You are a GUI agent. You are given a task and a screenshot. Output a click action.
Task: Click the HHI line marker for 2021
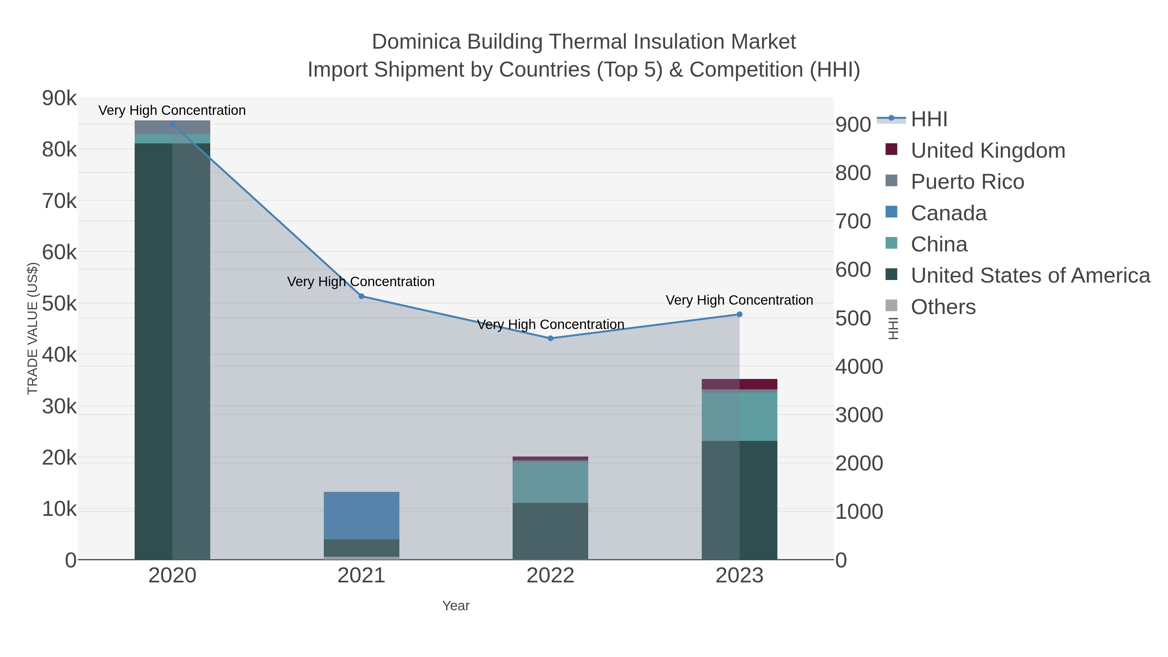361,296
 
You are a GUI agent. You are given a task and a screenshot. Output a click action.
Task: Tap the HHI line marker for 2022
551,338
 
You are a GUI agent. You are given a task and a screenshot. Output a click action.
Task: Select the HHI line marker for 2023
739,314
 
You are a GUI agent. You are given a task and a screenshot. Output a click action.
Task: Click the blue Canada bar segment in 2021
361,515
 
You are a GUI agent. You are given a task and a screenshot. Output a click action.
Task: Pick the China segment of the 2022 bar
551,482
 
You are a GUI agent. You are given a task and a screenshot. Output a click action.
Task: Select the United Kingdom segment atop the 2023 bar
739,384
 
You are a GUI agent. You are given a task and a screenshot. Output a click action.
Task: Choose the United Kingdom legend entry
988,151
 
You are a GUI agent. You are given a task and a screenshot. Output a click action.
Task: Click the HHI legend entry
929,119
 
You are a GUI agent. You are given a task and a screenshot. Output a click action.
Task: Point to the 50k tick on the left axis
59,304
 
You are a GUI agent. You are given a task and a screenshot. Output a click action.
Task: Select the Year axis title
456,606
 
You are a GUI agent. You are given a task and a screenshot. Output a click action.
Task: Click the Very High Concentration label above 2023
739,300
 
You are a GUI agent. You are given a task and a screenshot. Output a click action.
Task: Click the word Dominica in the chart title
416,42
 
